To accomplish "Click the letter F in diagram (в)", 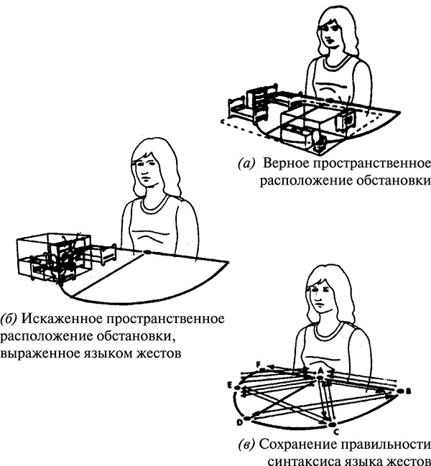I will pyautogui.click(x=261, y=364).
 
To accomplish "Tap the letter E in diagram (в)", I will pyautogui.click(x=230, y=386).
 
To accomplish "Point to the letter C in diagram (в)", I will pyautogui.click(x=334, y=433).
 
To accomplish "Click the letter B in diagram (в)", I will pyautogui.click(x=407, y=393).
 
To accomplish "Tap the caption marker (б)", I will pyautogui.click(x=10, y=317).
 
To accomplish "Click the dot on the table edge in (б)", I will pyautogui.click(x=146, y=251).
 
